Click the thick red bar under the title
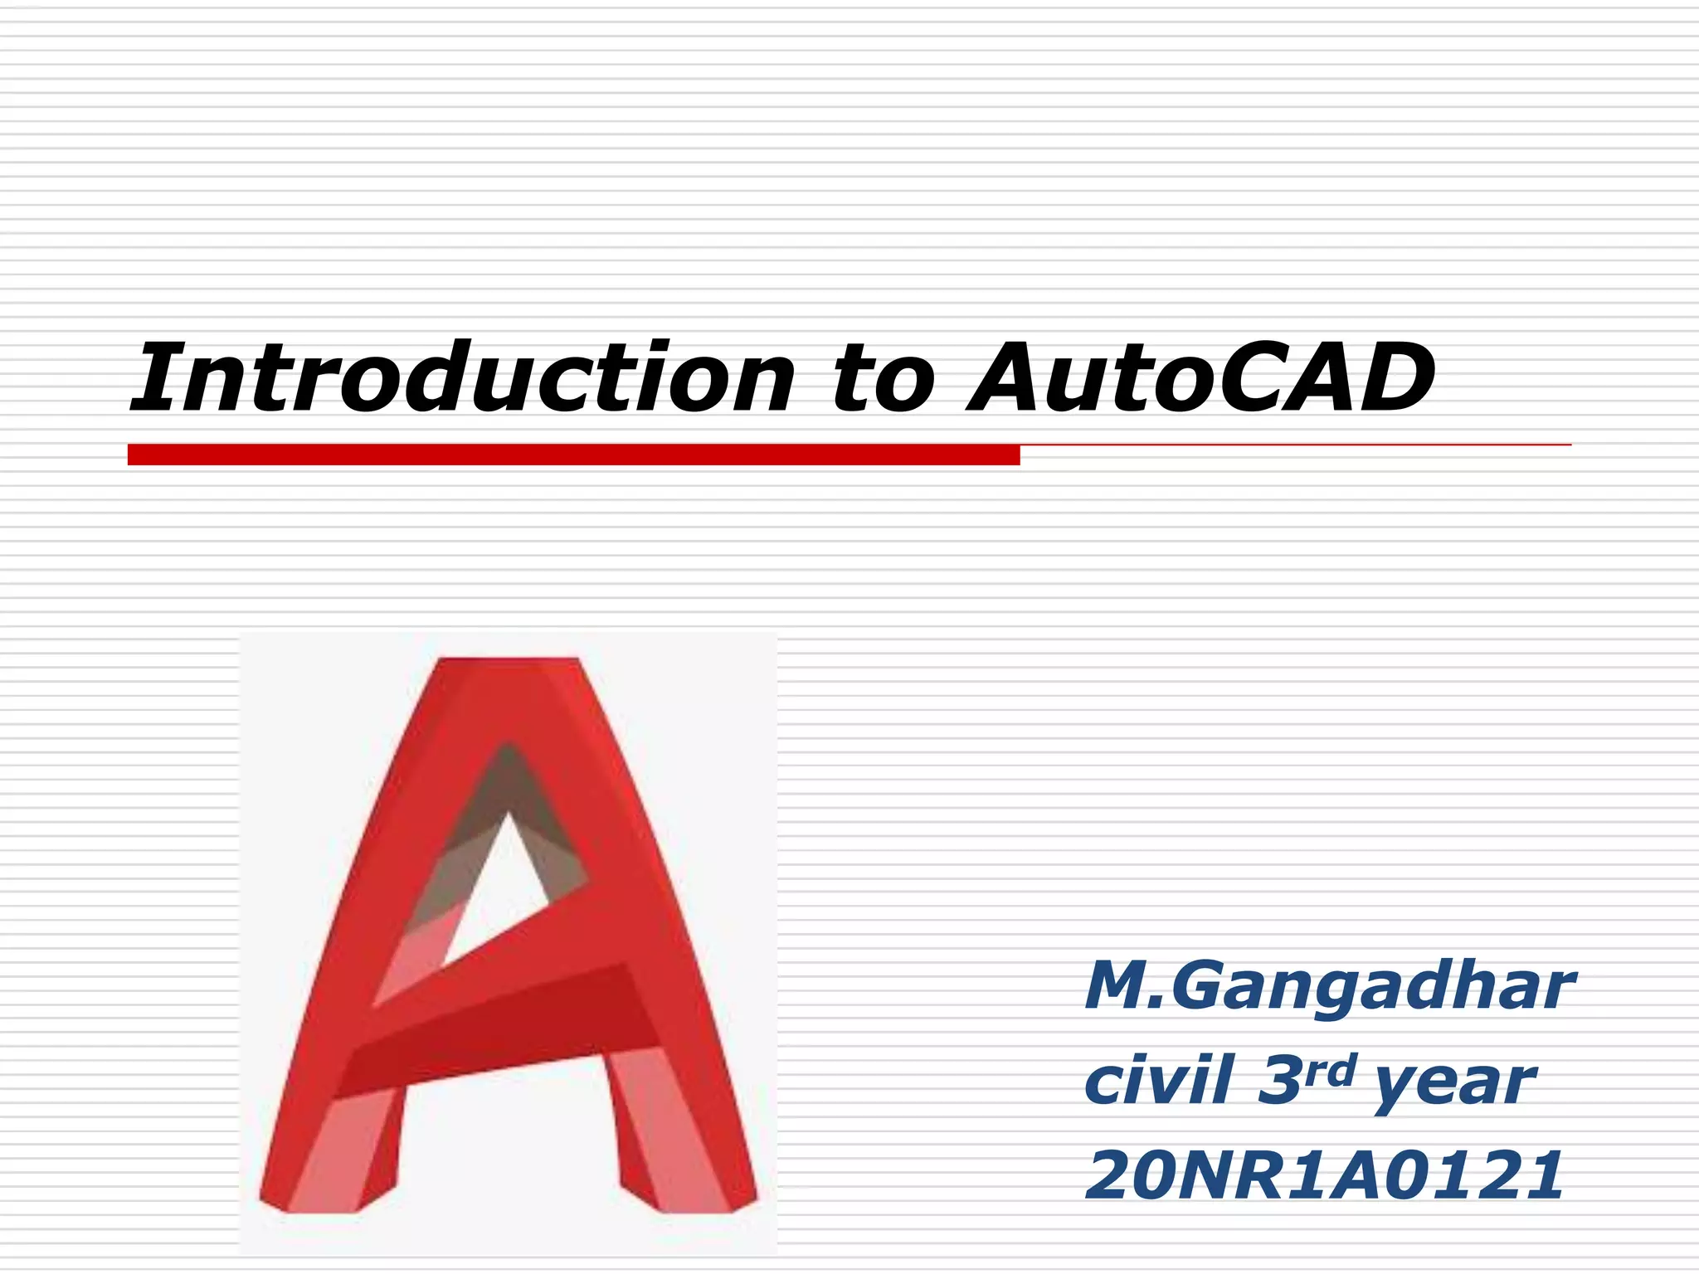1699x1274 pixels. tap(572, 455)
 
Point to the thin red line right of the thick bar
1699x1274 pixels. tap(1294, 445)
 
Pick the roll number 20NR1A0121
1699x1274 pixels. tap(1324, 1175)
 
